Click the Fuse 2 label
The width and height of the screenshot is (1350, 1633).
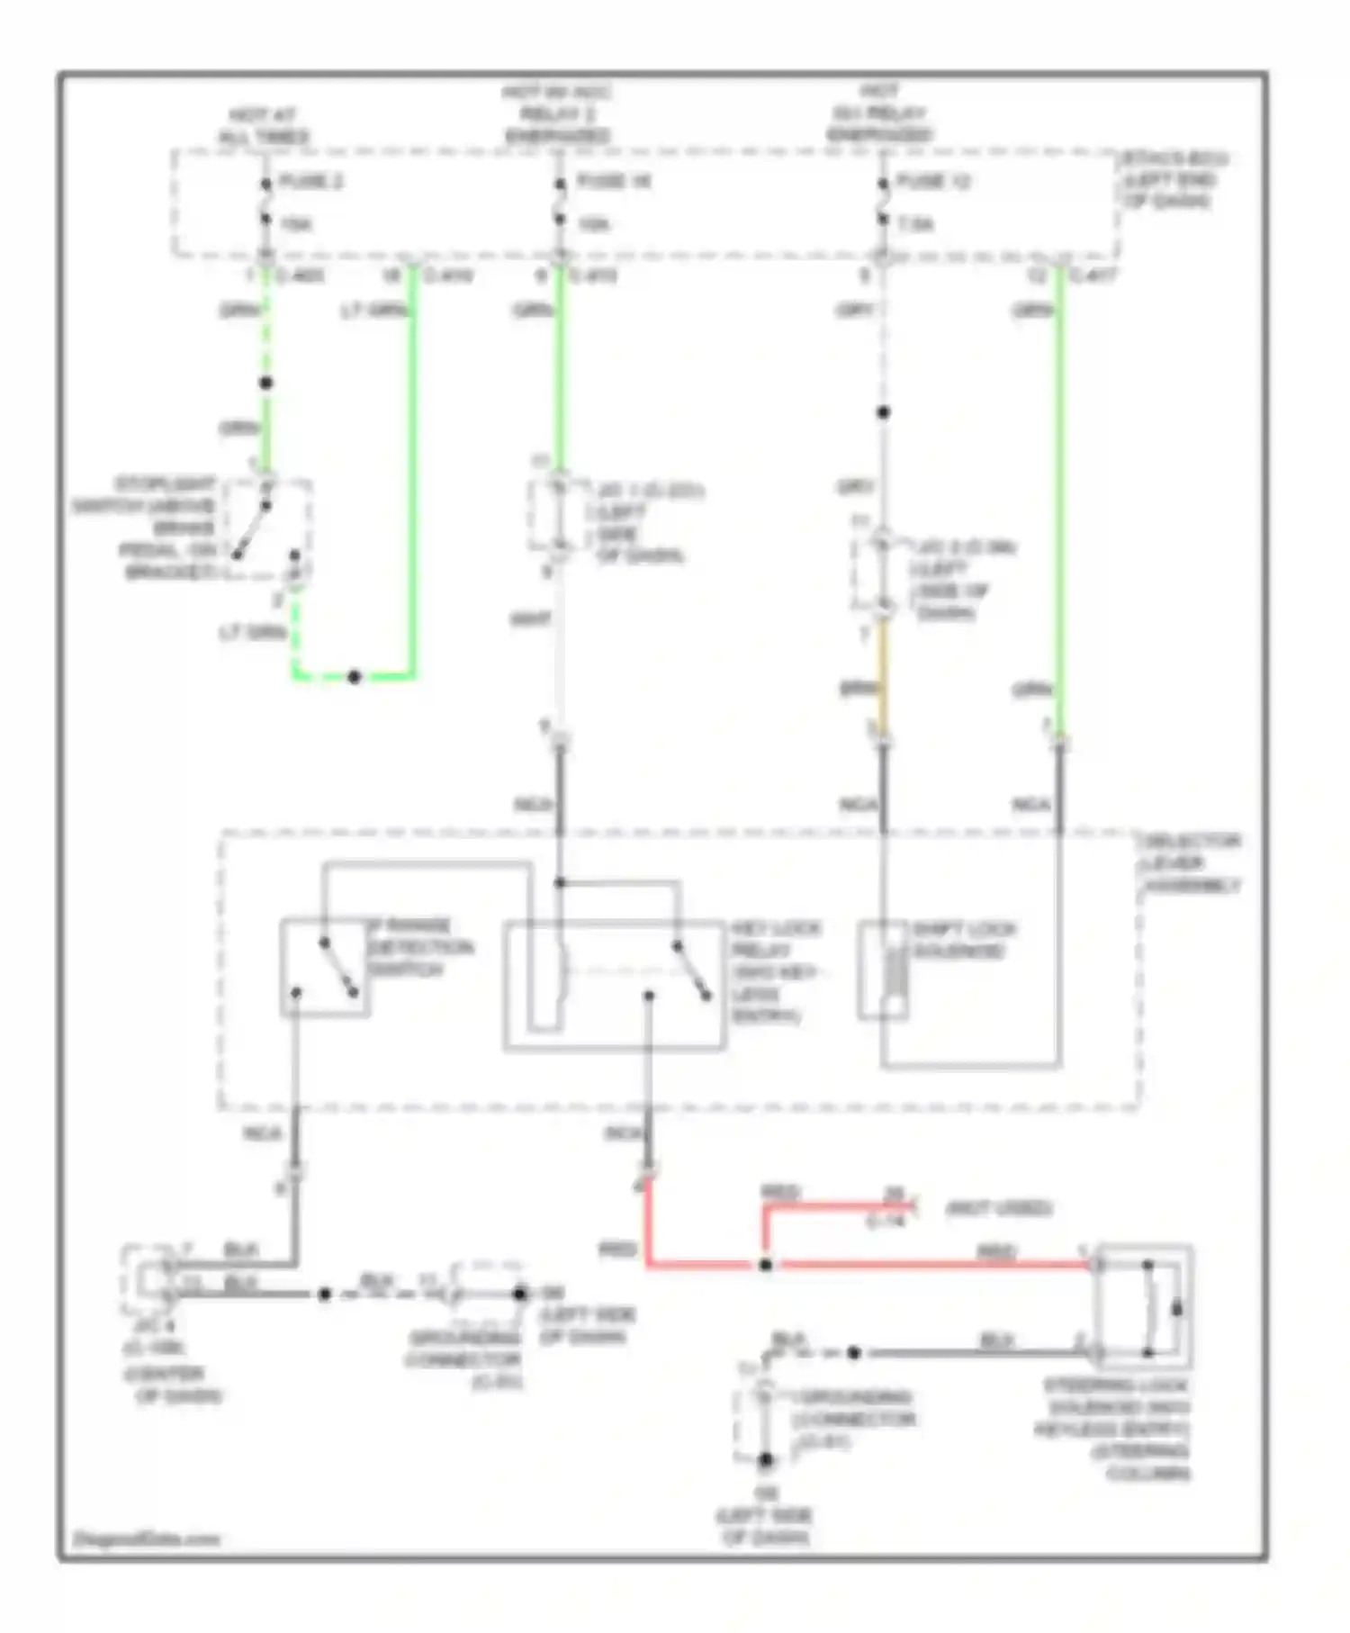tap(310, 182)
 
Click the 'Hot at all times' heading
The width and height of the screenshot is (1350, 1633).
tap(264, 126)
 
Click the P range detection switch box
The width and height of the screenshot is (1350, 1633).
tap(324, 969)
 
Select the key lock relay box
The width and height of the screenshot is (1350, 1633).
tap(614, 985)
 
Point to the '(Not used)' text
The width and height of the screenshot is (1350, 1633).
tap(999, 1208)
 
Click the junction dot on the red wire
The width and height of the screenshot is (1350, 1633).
tap(765, 1265)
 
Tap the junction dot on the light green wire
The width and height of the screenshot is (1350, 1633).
tap(355, 677)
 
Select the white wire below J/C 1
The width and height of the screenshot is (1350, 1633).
tap(560, 648)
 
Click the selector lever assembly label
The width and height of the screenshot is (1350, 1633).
tap(1191, 863)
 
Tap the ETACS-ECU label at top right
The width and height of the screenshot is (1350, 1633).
tap(1173, 179)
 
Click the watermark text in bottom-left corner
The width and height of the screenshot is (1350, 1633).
tap(147, 1538)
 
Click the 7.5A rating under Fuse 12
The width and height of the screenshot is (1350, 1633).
tap(915, 224)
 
